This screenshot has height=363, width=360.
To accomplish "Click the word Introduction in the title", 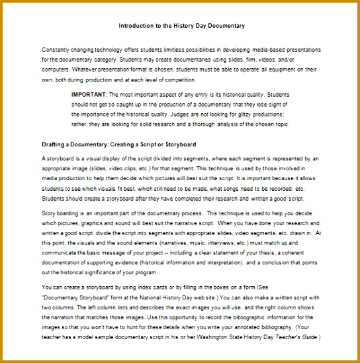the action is (137, 26).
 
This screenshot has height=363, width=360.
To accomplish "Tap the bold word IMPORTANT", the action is (89, 95).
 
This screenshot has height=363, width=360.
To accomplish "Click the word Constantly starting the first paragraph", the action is (58, 50).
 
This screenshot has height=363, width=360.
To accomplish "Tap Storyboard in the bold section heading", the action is (179, 144).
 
